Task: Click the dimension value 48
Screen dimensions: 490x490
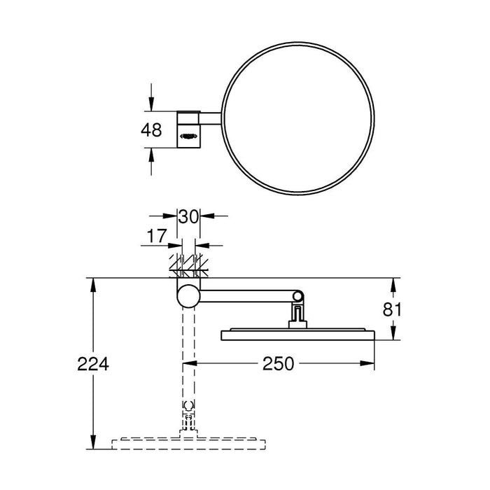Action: (151, 130)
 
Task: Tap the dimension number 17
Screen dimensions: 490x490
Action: (157, 237)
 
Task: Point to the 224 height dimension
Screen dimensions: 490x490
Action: (93, 364)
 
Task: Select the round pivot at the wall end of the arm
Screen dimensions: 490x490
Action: (187, 295)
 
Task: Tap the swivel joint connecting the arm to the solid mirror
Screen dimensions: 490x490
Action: (297, 308)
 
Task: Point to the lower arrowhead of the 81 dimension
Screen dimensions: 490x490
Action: (392, 335)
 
